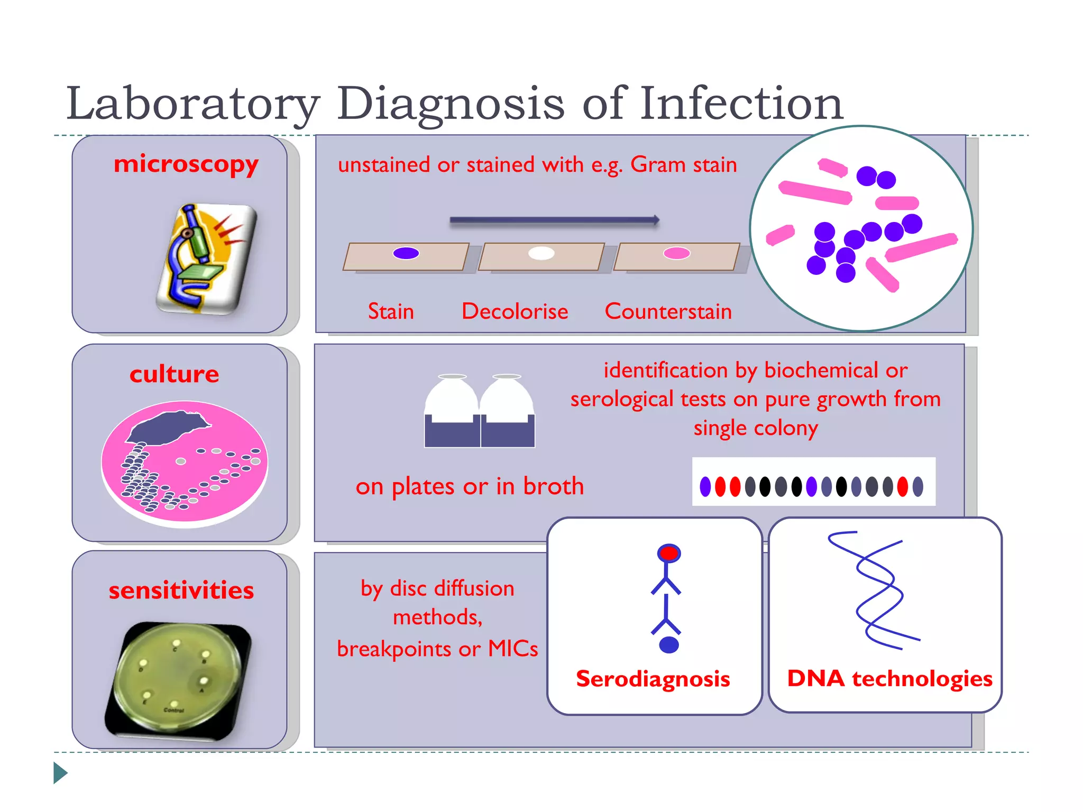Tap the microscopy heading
[x=186, y=164]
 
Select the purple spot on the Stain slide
[x=406, y=253]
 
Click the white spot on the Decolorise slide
[x=541, y=253]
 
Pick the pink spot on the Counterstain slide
[x=677, y=253]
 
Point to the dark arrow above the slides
[x=554, y=220]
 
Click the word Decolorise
[x=515, y=311]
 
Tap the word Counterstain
[x=668, y=311]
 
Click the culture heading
[x=174, y=374]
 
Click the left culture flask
[x=452, y=412]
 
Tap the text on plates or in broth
[x=470, y=486]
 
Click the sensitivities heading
[x=181, y=590]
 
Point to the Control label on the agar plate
[x=174, y=710]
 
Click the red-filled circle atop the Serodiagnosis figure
[x=669, y=553]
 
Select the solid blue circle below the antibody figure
[x=669, y=645]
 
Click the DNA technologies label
[x=889, y=679]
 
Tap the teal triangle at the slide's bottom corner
[x=60, y=773]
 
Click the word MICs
[x=512, y=649]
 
